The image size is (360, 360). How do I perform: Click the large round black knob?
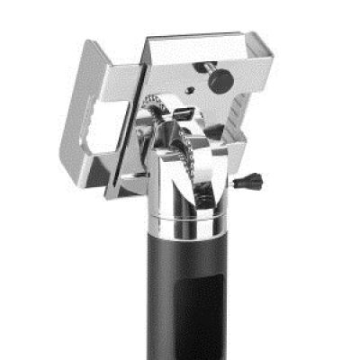(220, 79)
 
